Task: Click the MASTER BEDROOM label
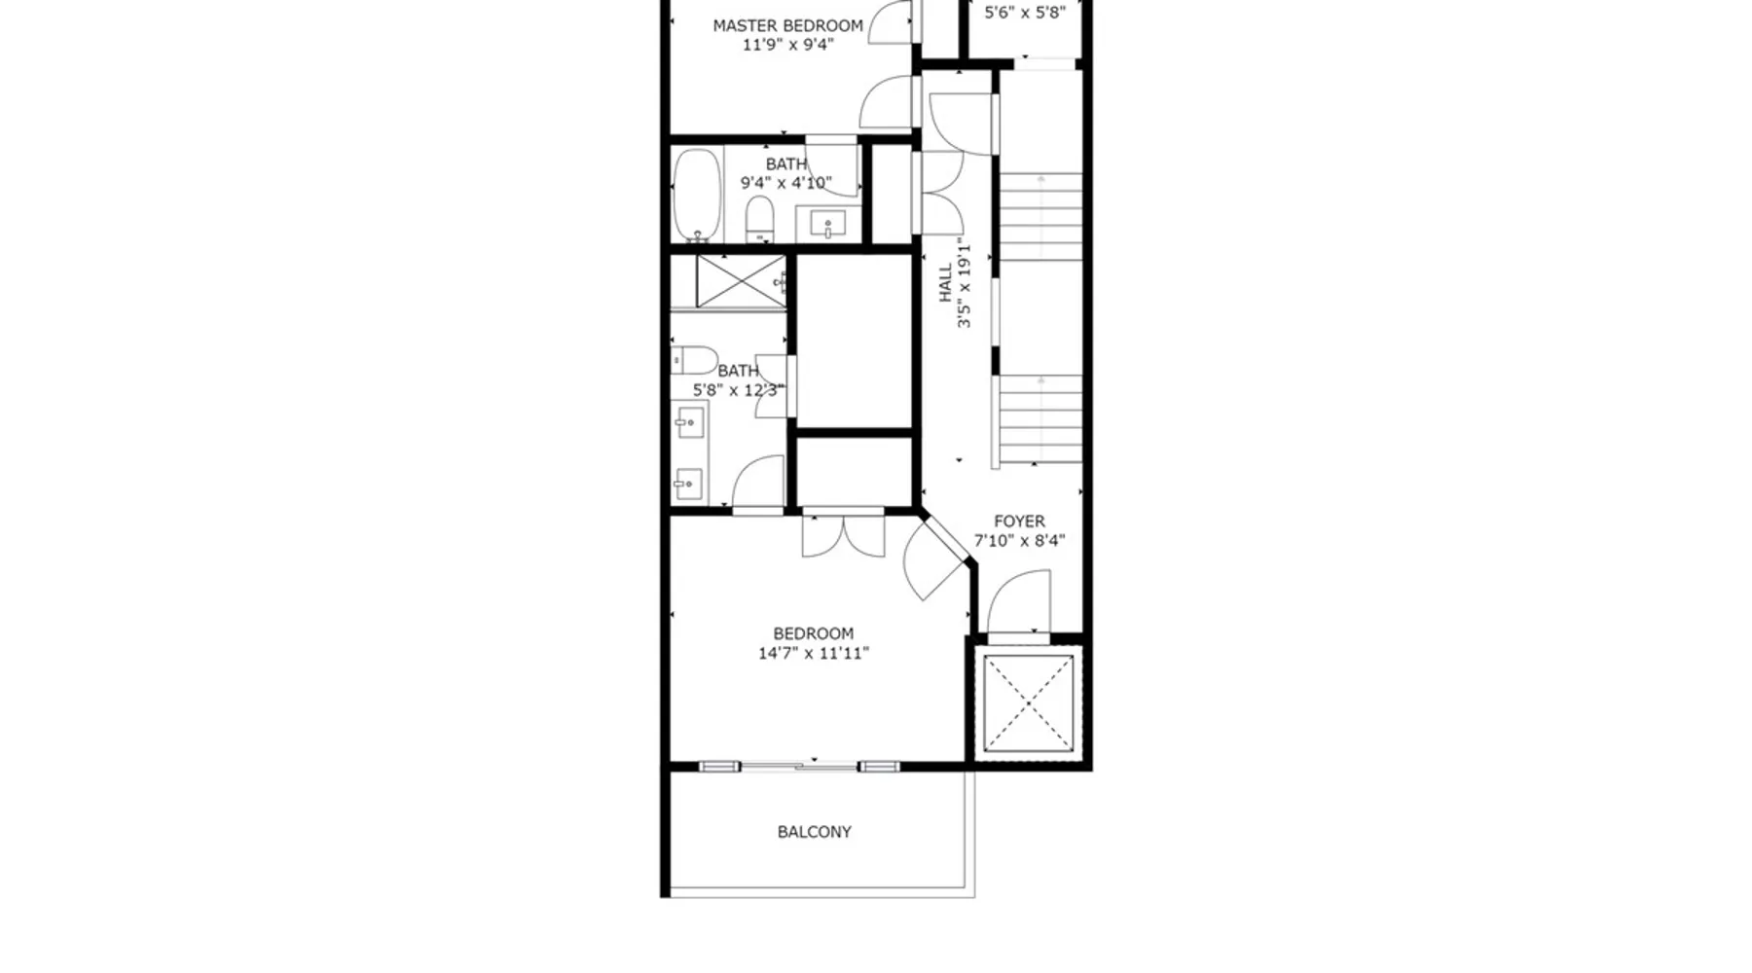[787, 26]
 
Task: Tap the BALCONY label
[814, 832]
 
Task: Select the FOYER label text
[1019, 522]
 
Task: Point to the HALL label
[945, 283]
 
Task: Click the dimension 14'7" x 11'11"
[814, 653]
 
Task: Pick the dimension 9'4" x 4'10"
[786, 183]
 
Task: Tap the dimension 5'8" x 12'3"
[738, 390]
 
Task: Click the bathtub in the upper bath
[697, 195]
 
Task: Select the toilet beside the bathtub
[759, 219]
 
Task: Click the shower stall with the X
[741, 282]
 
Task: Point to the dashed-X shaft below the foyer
[1028, 703]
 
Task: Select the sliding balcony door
[799, 767]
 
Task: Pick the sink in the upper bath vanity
[828, 224]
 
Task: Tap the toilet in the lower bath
[694, 360]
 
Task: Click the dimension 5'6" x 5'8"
[1025, 13]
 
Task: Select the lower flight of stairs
[1040, 420]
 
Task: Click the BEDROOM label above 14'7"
[814, 633]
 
